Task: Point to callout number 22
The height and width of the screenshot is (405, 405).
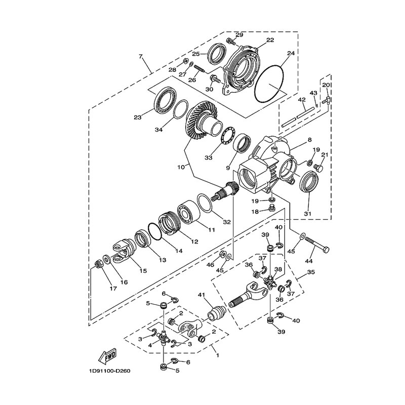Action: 270,40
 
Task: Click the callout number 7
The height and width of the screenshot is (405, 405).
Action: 141,56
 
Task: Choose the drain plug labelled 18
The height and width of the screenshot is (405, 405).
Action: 271,208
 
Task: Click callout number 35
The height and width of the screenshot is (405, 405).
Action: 311,272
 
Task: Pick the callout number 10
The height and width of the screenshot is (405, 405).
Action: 181,167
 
